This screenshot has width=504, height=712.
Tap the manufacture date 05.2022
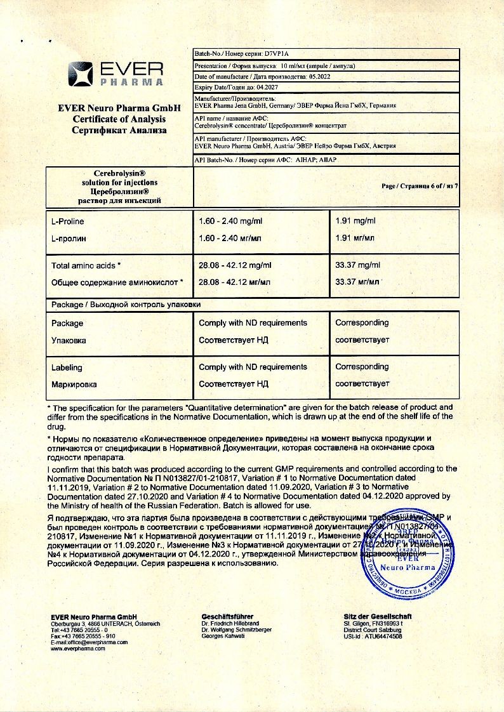coord(315,77)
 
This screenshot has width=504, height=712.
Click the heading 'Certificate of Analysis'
coord(119,119)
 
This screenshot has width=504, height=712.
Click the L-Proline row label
coord(67,221)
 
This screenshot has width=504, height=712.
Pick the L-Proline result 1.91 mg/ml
coord(355,221)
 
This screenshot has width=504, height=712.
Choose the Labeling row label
coord(67,367)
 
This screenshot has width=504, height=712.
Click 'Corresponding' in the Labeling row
coord(362,367)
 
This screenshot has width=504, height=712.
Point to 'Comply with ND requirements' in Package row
coord(253,322)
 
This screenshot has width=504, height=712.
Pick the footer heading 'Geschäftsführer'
coord(227,616)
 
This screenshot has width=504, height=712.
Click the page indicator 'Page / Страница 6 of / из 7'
coord(419,186)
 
